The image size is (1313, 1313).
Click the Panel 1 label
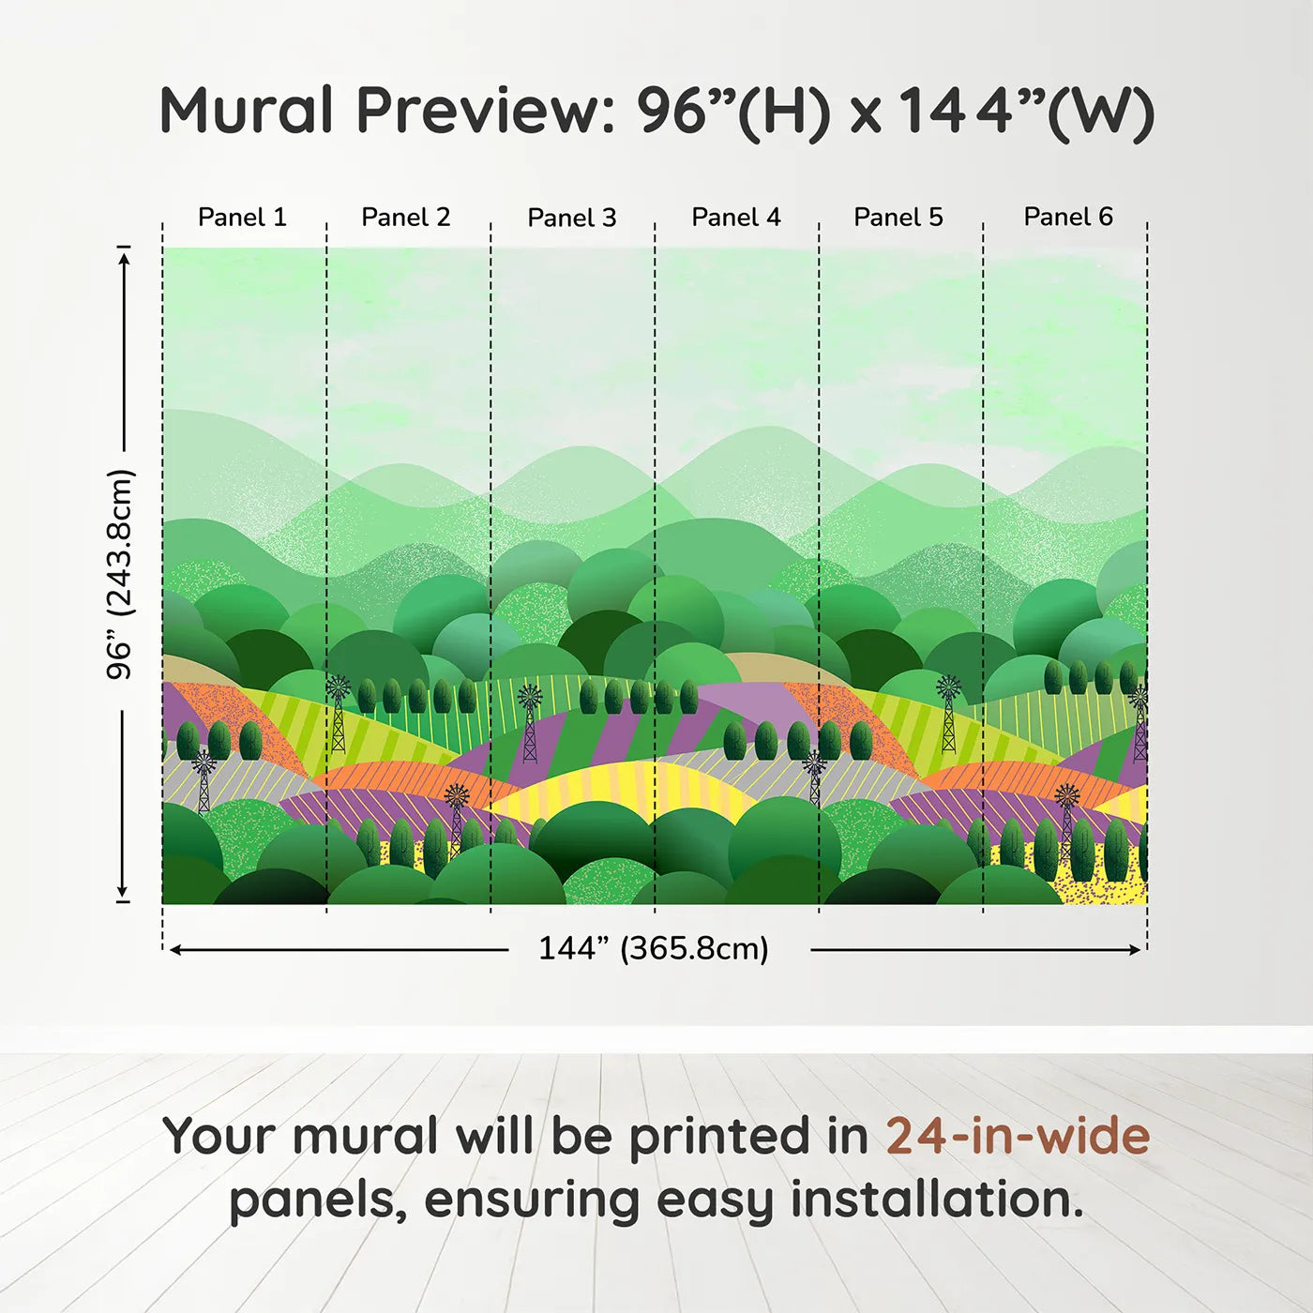[242, 218]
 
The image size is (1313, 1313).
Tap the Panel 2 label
[405, 218]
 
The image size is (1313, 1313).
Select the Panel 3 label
[572, 218]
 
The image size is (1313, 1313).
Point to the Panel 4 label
[736, 218]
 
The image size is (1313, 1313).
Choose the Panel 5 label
[898, 218]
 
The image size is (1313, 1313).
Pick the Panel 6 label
[1067, 217]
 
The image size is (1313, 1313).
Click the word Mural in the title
[247, 111]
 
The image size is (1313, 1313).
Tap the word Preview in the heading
[487, 111]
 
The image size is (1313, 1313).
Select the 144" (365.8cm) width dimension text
[654, 948]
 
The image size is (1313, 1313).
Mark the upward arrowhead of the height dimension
[124, 259]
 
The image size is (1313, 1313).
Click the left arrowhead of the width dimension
[175, 950]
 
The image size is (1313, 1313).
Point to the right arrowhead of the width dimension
[1134, 950]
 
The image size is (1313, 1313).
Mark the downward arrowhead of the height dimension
[123, 890]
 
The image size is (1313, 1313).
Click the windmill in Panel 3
[530, 724]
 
